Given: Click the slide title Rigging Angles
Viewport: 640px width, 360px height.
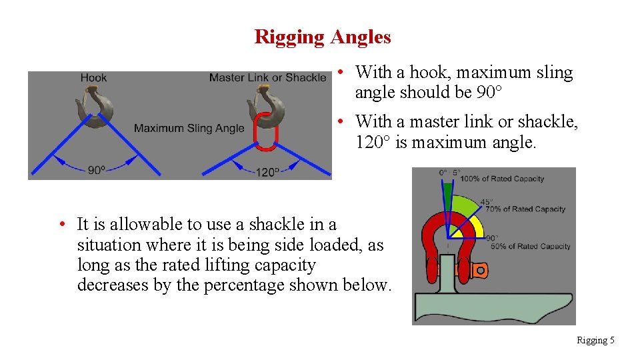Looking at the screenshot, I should tap(323, 37).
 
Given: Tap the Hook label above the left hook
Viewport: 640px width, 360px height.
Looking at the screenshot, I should tap(93, 78).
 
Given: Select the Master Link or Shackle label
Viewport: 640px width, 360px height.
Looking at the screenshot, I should tap(267, 78).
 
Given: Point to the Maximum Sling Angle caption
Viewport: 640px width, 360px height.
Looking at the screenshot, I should tap(189, 128).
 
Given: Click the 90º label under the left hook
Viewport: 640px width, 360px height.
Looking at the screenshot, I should tap(96, 171).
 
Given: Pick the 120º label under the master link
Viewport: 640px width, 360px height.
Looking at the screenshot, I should tap(267, 171).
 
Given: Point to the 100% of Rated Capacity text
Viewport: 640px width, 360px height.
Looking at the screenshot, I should tap(502, 179).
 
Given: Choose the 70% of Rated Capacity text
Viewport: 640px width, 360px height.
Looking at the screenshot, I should tap(525, 209).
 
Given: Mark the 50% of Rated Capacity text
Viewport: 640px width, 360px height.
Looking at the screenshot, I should tap(530, 246).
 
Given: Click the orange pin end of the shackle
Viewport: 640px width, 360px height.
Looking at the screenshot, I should tap(478, 270).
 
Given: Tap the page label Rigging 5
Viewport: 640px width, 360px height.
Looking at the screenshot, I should tap(595, 341).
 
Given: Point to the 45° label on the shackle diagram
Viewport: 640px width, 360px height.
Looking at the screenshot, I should tap(487, 201).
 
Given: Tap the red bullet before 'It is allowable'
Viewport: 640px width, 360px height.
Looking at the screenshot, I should tap(61, 224).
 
